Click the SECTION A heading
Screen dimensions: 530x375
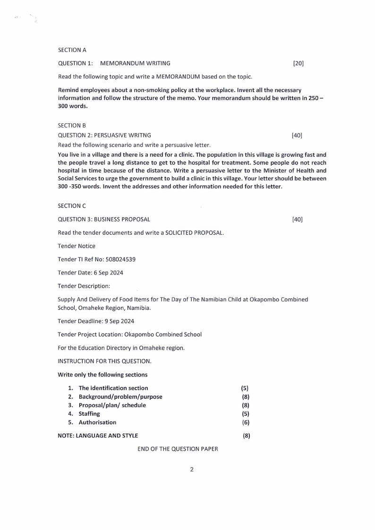pyautogui.click(x=72, y=50)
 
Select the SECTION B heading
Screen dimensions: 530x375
pyautogui.click(x=72, y=126)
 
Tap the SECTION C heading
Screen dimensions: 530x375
pyautogui.click(x=72, y=206)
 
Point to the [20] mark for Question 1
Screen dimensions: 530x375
pyautogui.click(x=298, y=63)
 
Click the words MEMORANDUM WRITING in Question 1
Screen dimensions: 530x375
pyautogui.click(x=136, y=63)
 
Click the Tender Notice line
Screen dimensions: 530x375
pyautogui.click(x=77, y=246)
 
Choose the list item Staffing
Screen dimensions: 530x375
pyautogui.click(x=89, y=414)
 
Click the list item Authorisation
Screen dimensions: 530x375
pyautogui.click(x=97, y=422)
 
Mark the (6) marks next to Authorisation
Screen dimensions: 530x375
pyautogui.click(x=246, y=422)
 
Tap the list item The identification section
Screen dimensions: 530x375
pyautogui.click(x=113, y=388)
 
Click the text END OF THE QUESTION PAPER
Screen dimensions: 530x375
pyautogui.click(x=178, y=449)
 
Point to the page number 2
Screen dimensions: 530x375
pyautogui.click(x=192, y=470)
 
